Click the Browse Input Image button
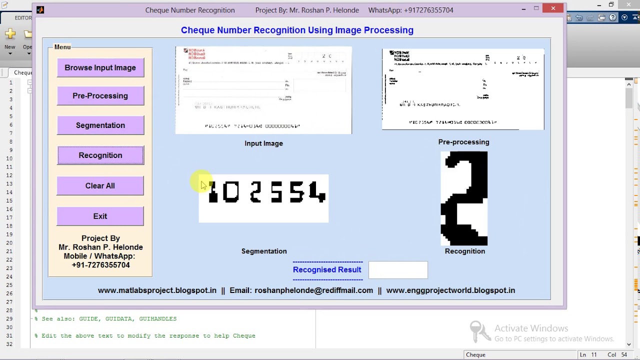(100, 67)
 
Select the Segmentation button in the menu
(100, 125)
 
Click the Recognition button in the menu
(100, 155)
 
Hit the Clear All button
(100, 185)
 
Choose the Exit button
(100, 216)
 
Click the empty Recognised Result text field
(398, 270)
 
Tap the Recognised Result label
(327, 269)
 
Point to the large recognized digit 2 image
(464, 198)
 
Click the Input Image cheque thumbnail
(263, 90)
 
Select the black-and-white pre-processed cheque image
(463, 89)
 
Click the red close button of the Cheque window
(553, 8)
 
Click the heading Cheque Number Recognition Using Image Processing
(297, 30)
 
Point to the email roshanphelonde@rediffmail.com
(313, 290)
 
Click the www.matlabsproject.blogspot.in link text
(157, 290)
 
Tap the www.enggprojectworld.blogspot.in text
(450, 290)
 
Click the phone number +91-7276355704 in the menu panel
(100, 265)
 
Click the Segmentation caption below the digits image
(264, 251)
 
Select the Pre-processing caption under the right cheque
(463, 142)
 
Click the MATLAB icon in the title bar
(40, 9)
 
